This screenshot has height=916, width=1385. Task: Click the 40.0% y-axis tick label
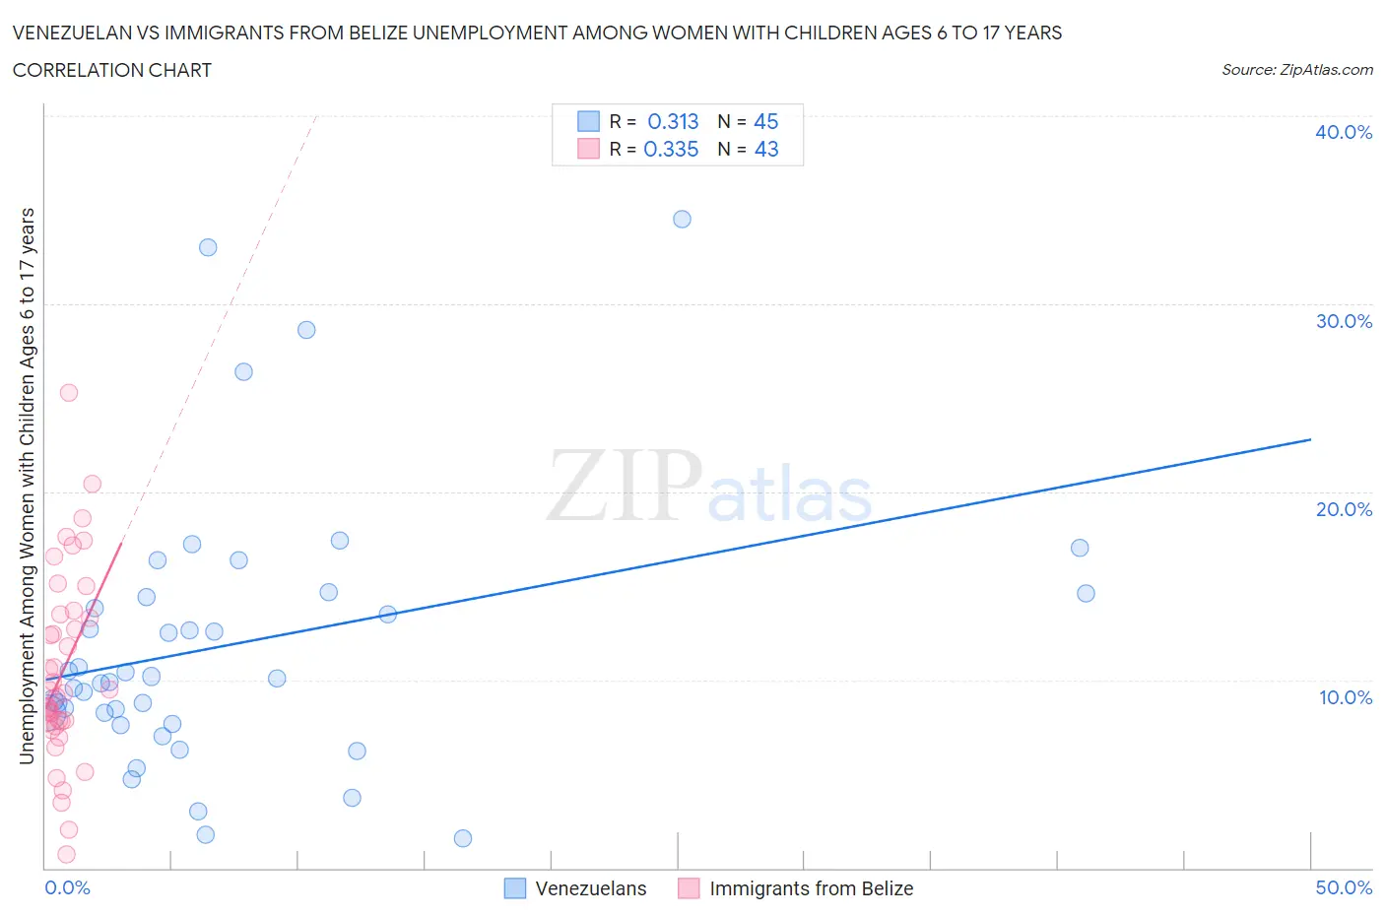point(1344,132)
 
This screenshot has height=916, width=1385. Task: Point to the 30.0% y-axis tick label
point(1344,321)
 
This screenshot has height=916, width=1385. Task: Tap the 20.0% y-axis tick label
point(1344,509)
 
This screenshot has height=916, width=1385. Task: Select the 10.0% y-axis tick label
point(1345,697)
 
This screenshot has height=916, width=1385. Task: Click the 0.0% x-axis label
point(67,887)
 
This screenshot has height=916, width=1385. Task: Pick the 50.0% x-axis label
point(1344,887)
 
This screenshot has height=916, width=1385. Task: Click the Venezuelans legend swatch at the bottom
point(515,888)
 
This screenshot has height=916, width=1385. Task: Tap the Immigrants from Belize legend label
point(811,888)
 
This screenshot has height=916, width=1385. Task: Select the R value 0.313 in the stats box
point(673,121)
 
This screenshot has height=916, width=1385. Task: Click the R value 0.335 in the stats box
point(671,149)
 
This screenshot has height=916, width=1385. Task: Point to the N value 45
point(765,121)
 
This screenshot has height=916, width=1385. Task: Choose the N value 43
point(765,149)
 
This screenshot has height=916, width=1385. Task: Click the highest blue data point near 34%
point(682,219)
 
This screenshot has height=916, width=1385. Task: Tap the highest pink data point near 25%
point(69,392)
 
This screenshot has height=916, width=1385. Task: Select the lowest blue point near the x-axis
point(463,838)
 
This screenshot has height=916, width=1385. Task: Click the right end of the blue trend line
point(1310,439)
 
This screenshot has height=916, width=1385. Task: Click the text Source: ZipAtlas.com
point(1296,69)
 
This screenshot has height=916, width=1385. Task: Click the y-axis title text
point(27,486)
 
